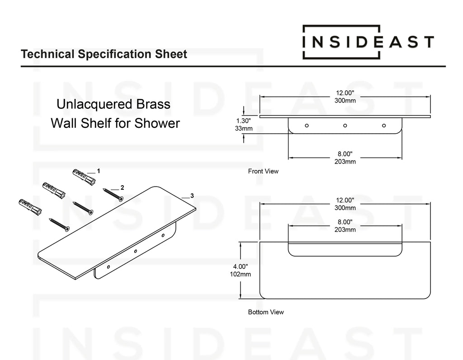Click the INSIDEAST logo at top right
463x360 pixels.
coord(368,42)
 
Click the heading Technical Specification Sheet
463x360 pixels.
coord(104,55)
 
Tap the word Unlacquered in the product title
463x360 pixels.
coord(88,105)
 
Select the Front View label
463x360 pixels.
coord(263,172)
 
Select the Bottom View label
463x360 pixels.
coord(266,312)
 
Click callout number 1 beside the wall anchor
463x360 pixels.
coord(98,172)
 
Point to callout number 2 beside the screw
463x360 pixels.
coord(122,187)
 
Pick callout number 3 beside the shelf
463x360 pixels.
coord(192,196)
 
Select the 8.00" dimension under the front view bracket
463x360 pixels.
coord(345,154)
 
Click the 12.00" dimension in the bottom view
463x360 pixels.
coord(345,200)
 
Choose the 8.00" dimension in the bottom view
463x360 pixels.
coord(345,222)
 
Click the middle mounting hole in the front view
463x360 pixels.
coord(345,125)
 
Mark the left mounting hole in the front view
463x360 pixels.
coord(307,125)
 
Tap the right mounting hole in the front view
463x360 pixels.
coord(384,125)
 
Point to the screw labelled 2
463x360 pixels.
coord(113,195)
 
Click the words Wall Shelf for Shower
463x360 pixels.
coord(115,123)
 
